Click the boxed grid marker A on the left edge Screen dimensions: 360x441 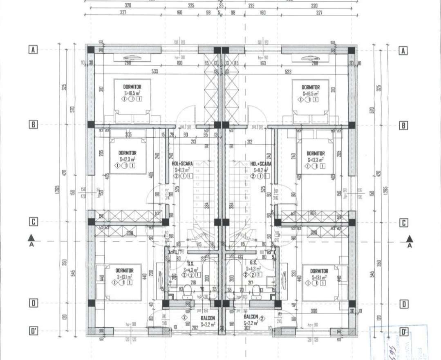tap(33, 50)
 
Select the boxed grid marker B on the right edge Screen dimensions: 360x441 tap(403, 125)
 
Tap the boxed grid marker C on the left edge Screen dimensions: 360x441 tap(33, 222)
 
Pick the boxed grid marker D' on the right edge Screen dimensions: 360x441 tap(403, 331)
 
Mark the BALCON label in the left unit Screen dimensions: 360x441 tap(208, 318)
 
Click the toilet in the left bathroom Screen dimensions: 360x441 tap(187, 291)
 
